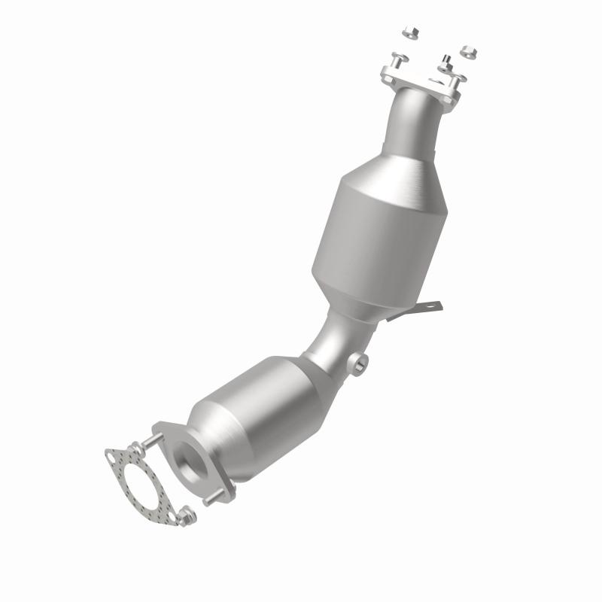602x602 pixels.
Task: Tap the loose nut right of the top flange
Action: pos(467,52)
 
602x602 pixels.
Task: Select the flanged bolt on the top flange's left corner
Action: pos(397,59)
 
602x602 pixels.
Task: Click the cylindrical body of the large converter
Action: pos(369,241)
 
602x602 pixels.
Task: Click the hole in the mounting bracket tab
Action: pos(431,306)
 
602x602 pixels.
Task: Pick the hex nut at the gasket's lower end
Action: pos(188,517)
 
